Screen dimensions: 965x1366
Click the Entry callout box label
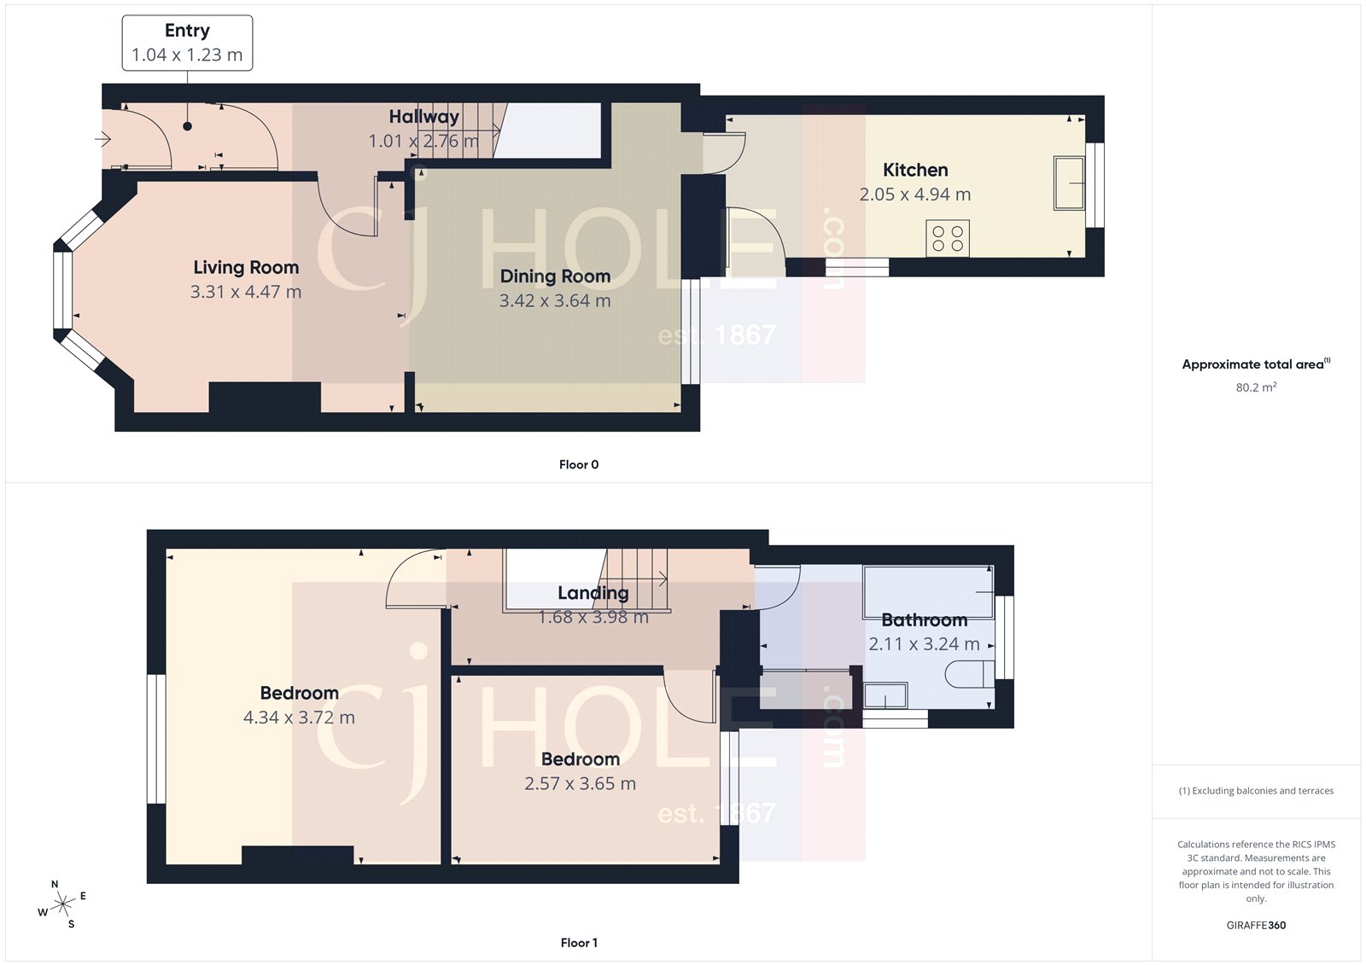click(187, 32)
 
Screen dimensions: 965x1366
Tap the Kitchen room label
click(915, 170)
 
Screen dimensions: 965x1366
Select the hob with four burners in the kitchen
click(948, 238)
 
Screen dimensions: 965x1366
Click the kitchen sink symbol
click(1069, 182)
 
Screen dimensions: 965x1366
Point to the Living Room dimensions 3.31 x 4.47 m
click(246, 292)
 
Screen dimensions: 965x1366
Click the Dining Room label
click(555, 276)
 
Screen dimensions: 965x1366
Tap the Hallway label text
click(423, 117)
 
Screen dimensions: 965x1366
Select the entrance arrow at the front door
click(103, 138)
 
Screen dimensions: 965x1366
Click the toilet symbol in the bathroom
click(969, 675)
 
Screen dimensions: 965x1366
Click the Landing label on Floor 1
click(593, 593)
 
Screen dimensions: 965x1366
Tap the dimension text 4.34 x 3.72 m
click(299, 718)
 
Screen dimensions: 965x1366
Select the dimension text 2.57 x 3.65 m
click(580, 783)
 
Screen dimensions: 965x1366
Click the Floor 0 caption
click(579, 465)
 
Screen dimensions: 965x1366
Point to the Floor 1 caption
click(579, 943)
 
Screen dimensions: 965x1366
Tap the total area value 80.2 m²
click(1256, 387)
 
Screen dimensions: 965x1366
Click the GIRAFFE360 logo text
click(1256, 925)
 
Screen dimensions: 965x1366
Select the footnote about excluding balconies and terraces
click(1256, 791)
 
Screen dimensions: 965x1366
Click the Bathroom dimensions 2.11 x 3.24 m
click(924, 645)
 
